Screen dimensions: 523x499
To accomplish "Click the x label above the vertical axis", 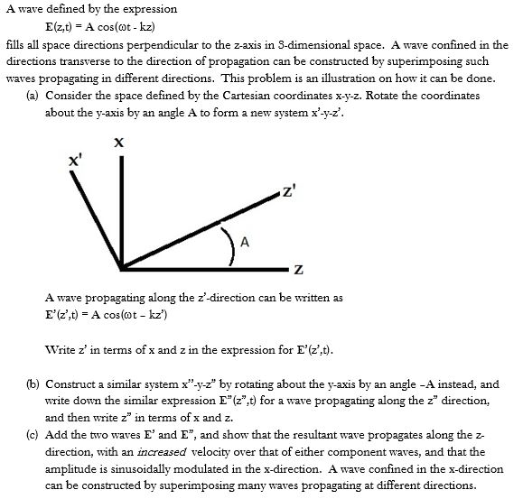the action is click(118, 141).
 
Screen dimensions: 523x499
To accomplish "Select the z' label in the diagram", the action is click(286, 190).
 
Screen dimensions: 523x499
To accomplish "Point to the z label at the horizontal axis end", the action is click(298, 270).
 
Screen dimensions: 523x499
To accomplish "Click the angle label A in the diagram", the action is click(244, 241).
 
